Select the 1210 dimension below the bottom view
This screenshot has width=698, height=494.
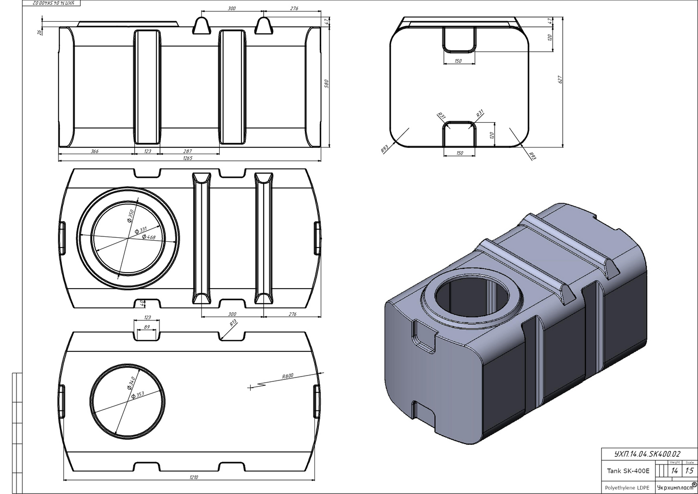194,477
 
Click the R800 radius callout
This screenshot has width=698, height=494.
288,376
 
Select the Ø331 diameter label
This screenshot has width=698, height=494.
143,230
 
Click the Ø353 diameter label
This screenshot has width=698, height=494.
138,395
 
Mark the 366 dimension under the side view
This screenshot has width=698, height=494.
95,151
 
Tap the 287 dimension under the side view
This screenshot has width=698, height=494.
188,151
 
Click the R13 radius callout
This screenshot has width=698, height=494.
233,323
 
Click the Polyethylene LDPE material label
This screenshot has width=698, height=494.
627,487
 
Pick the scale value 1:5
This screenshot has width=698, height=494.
689,471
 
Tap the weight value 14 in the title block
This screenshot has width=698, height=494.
674,471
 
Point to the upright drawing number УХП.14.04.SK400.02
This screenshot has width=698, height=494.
647,454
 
